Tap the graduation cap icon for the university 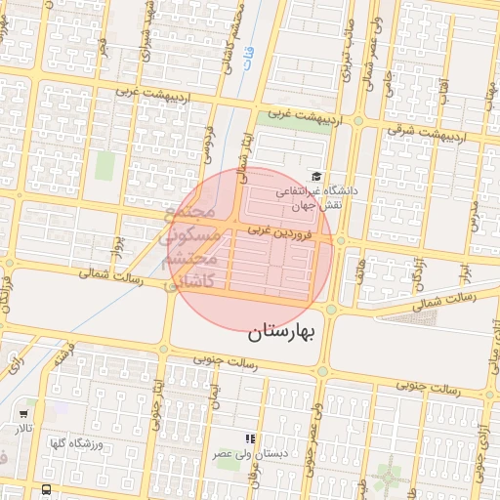[316, 176]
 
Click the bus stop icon [48, 489]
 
